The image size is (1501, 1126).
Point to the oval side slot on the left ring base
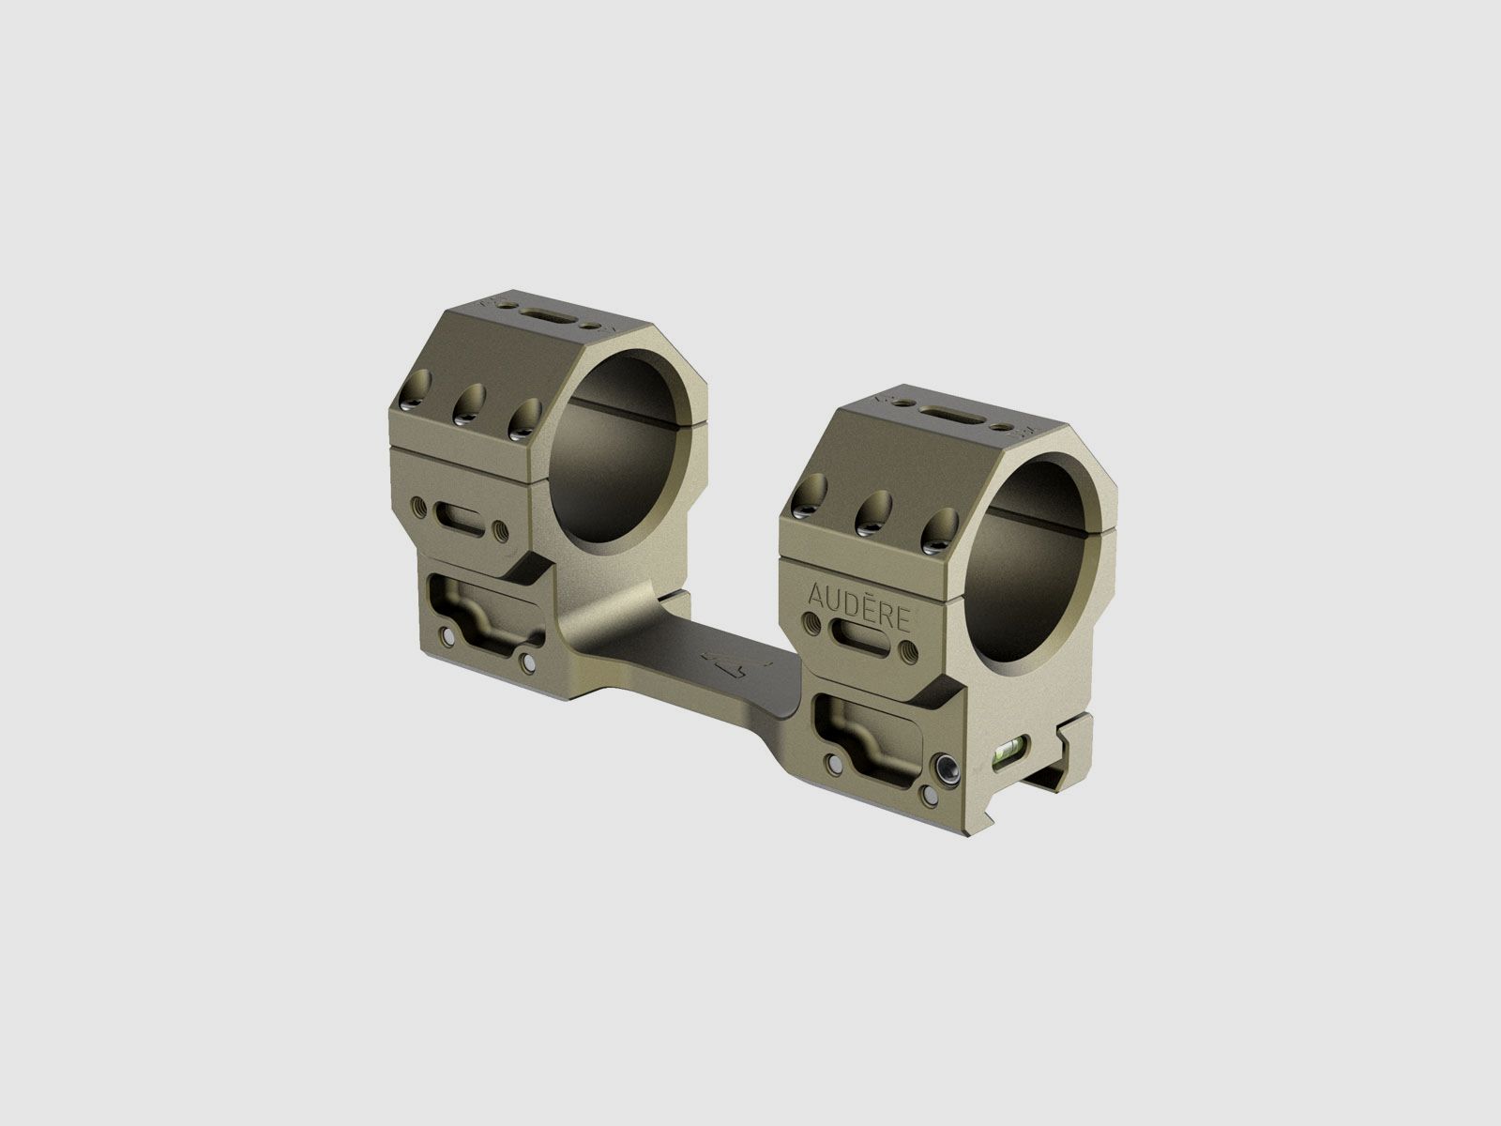tap(459, 519)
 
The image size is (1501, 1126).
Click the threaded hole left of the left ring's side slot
tap(418, 510)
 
